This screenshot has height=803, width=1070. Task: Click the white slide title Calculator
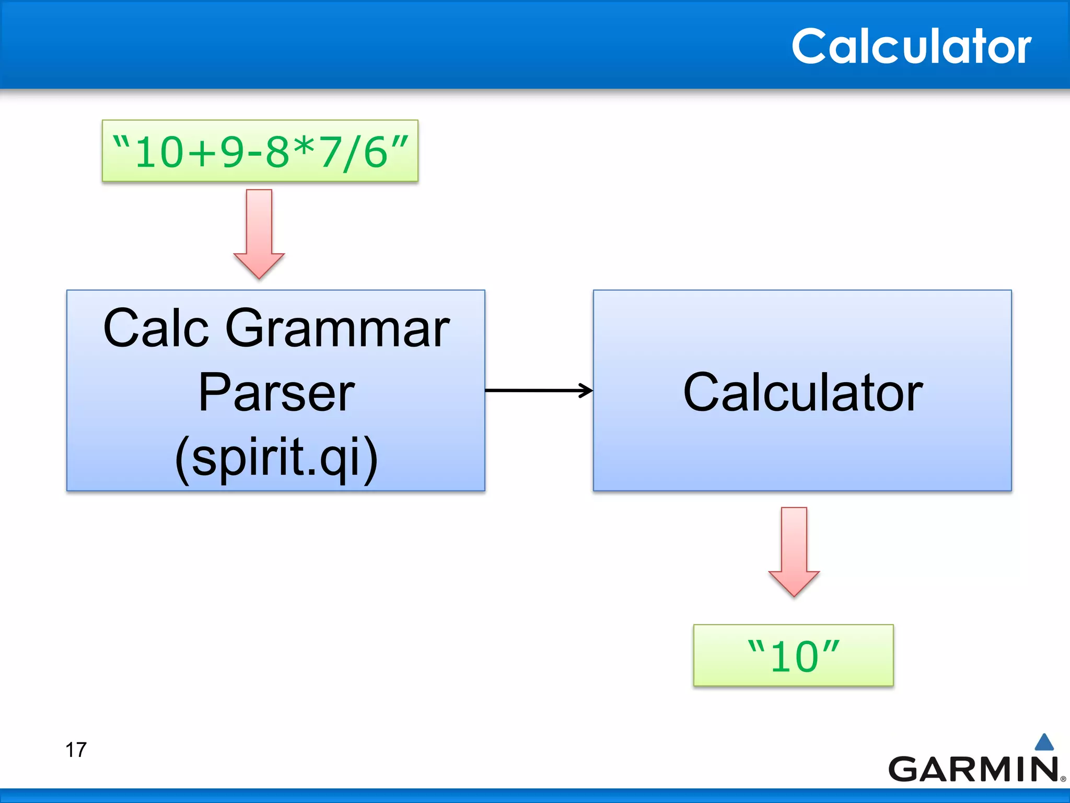pos(911,47)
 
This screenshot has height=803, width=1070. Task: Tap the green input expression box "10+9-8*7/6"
pos(260,151)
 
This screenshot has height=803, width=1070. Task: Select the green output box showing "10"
pos(793,656)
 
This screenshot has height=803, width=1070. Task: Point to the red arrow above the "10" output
pos(794,551)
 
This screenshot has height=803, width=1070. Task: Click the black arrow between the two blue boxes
pos(539,390)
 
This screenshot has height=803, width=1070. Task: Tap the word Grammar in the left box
pos(337,328)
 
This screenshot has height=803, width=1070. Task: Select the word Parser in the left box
pos(276,393)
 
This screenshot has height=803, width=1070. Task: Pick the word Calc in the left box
pos(156,328)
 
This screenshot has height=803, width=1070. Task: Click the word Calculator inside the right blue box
pos(802,393)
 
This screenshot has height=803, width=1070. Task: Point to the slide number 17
pos(76,750)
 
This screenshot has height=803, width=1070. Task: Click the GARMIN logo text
pos(973,769)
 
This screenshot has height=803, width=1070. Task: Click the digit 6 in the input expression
pos(376,153)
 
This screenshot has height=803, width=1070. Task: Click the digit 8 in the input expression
pos(277,153)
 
